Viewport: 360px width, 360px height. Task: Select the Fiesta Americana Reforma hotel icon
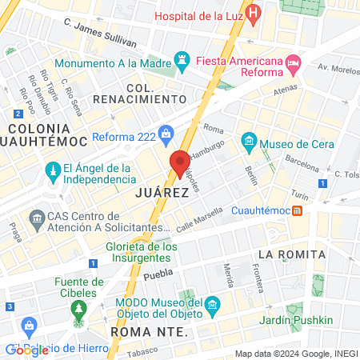[x=294, y=62]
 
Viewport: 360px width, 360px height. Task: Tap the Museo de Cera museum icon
[x=249, y=145]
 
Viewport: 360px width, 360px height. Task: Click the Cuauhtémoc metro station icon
[x=297, y=210]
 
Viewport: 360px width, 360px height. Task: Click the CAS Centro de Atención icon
[x=36, y=218]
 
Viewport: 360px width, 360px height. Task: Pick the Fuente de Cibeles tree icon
[x=78, y=308]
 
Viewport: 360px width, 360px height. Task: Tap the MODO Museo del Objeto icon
[x=213, y=305]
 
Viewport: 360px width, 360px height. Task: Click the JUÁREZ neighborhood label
[x=162, y=193]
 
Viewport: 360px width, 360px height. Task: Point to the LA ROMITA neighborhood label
[x=291, y=254]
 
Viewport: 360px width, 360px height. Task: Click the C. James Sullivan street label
[x=99, y=34]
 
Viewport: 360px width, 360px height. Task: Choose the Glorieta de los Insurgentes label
[x=142, y=253]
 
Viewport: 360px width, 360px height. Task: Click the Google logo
[x=27, y=350]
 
